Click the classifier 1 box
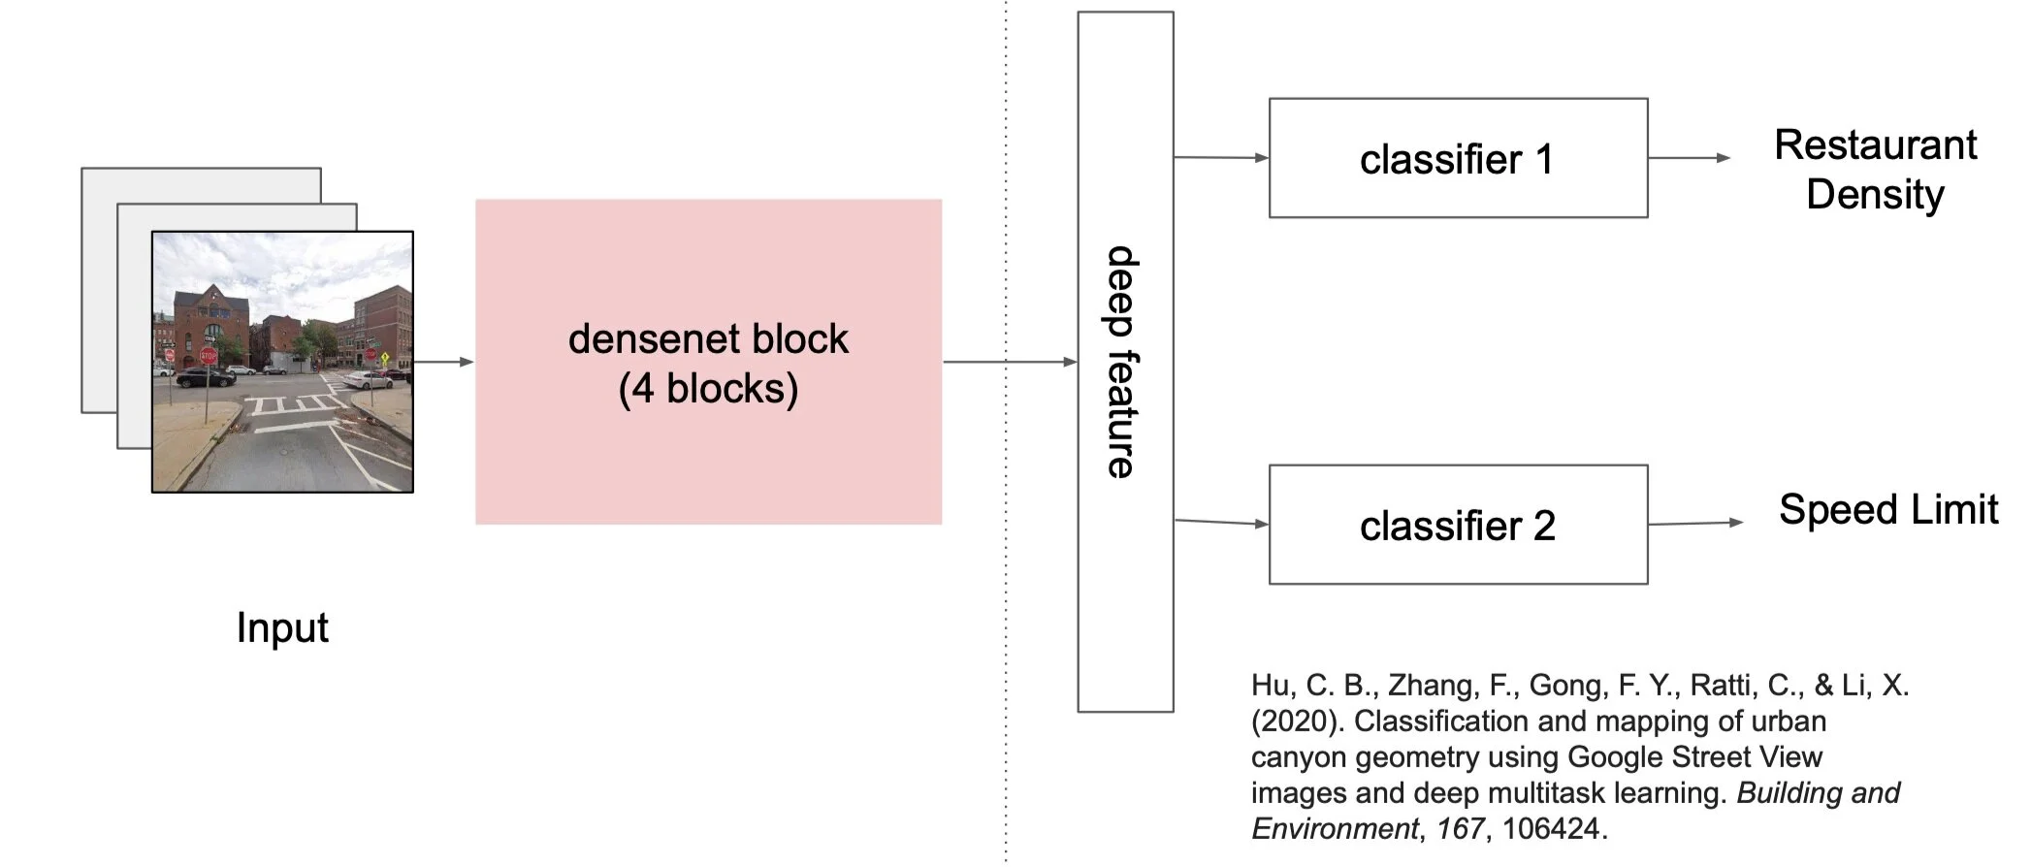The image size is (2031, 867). click(x=1457, y=158)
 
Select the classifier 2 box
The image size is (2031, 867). click(x=1457, y=525)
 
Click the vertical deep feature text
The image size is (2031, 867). click(x=1123, y=362)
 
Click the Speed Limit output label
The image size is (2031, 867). click(x=1887, y=509)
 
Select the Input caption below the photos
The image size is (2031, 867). click(x=282, y=627)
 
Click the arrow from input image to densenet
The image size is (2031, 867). click(x=443, y=362)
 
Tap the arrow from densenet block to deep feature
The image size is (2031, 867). click(x=1009, y=362)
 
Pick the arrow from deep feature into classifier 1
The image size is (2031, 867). click(x=1220, y=157)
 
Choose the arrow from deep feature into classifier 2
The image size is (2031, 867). click(x=1220, y=523)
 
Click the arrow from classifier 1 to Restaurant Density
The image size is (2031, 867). click(x=1688, y=157)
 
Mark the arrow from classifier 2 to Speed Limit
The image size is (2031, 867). click(x=1694, y=524)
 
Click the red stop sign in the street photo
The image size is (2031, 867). click(x=208, y=356)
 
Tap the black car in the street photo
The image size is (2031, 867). click(x=205, y=377)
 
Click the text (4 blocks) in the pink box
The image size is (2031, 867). click(x=708, y=389)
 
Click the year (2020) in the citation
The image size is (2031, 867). click(x=1297, y=722)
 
